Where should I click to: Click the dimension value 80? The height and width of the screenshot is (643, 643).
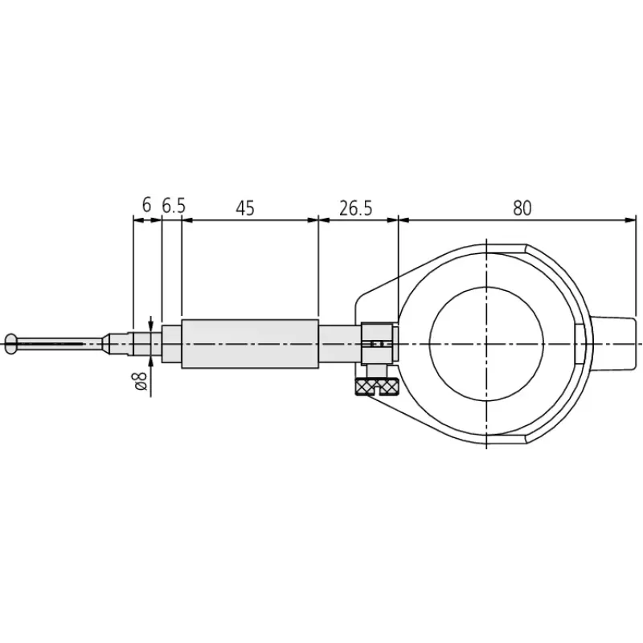point(522,208)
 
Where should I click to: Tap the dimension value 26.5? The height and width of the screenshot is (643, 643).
point(355,208)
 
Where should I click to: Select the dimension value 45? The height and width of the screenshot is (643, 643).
point(245,208)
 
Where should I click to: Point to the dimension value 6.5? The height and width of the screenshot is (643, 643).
point(174,206)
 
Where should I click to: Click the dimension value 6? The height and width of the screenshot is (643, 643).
point(146,205)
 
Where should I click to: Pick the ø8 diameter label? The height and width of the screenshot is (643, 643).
point(139,381)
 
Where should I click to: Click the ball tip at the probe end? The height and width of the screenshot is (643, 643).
point(11,344)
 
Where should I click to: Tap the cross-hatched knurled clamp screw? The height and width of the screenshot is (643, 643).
point(377,387)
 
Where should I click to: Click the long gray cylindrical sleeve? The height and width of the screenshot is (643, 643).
point(250,344)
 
